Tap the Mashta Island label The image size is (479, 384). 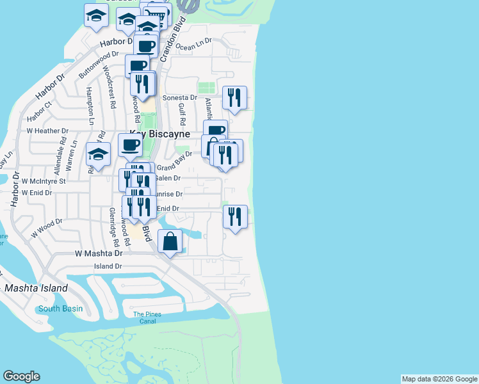(x=36, y=289)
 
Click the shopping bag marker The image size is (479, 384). (x=170, y=243)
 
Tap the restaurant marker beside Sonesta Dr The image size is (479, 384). (x=234, y=98)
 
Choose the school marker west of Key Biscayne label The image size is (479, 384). (x=98, y=154)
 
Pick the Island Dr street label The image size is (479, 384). (x=108, y=266)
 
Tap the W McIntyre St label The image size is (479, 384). (x=44, y=181)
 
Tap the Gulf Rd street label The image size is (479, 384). (x=182, y=114)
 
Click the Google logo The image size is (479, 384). (x=21, y=376)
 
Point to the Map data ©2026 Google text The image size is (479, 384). (x=439, y=379)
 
